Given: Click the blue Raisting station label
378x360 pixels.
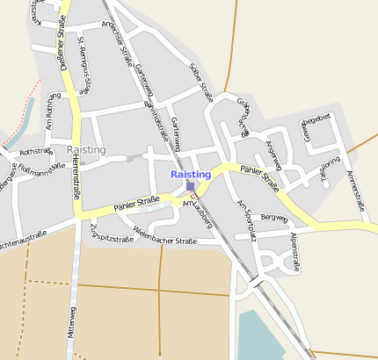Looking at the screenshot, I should pyautogui.click(x=191, y=175).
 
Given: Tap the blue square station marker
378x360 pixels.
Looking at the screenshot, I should pyautogui.click(x=191, y=186).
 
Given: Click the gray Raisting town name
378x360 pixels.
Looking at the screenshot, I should pyautogui.click(x=86, y=150).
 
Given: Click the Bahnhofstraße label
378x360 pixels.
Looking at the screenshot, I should pyautogui.click(x=156, y=115).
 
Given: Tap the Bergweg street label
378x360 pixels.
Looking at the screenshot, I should pyautogui.click(x=274, y=218).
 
